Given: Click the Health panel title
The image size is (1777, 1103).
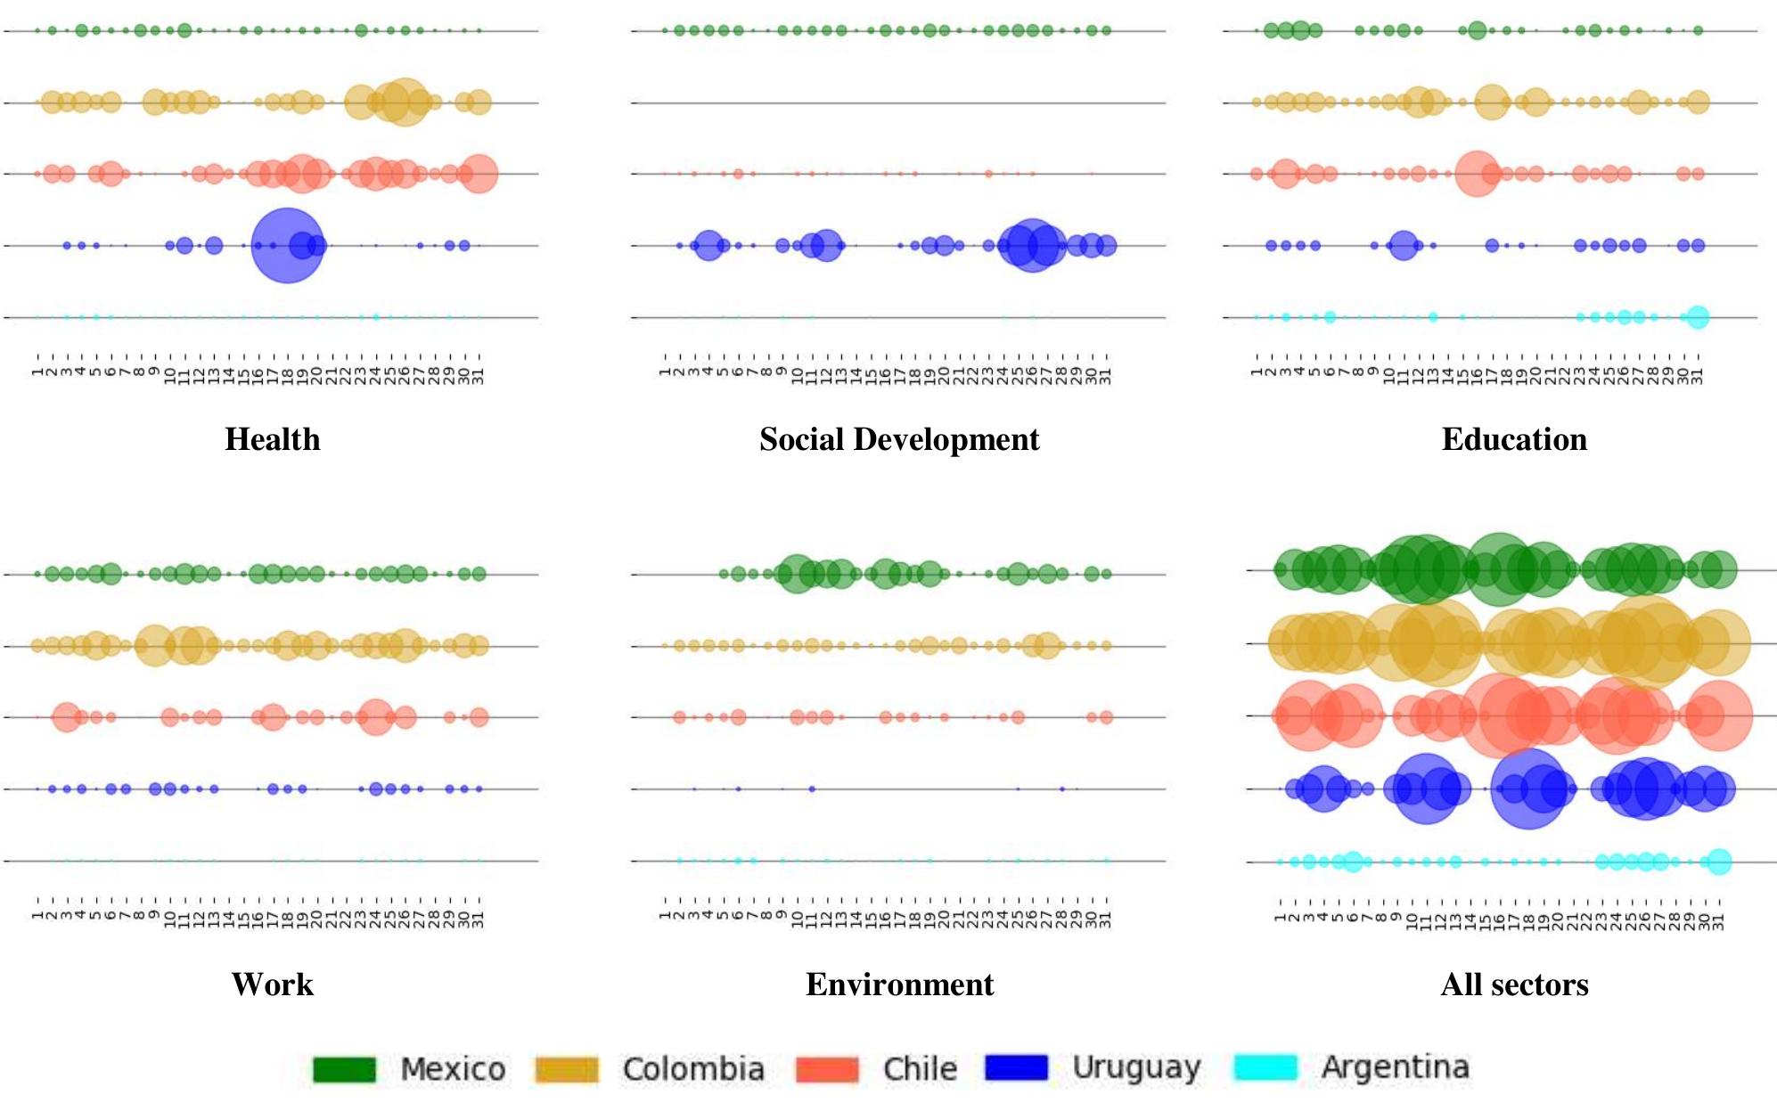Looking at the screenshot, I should tap(272, 439).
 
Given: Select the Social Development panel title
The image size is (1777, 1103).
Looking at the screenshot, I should tap(898, 439).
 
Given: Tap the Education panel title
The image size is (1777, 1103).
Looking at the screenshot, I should tap(1513, 439).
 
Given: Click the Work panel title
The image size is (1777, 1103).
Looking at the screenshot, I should tap(272, 985).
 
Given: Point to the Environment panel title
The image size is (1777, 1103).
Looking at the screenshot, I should tap(898, 985).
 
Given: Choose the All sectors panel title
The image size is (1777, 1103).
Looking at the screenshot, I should tap(1513, 985).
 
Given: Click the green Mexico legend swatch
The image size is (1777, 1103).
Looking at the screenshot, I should tap(344, 1069).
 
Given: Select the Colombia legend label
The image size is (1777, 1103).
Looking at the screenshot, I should tap(692, 1069).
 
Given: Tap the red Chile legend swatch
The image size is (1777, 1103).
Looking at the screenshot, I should tap(827, 1069).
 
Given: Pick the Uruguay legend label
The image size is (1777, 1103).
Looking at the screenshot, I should tap(1136, 1067).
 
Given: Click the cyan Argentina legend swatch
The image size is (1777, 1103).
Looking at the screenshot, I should tap(1265, 1067).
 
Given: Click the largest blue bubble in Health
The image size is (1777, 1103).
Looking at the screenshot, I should tap(287, 245).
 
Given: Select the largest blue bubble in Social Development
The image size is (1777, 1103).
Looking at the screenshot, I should tap(1032, 245).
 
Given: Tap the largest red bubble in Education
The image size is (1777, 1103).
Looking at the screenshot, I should tap(1477, 174).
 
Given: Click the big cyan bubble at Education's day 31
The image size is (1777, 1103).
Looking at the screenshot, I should tap(1698, 316).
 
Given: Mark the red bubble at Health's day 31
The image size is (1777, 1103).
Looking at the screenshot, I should tap(479, 174).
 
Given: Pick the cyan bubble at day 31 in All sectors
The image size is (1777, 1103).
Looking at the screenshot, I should tap(1719, 862).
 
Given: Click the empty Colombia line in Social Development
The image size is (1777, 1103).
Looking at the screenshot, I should tap(898, 102).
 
